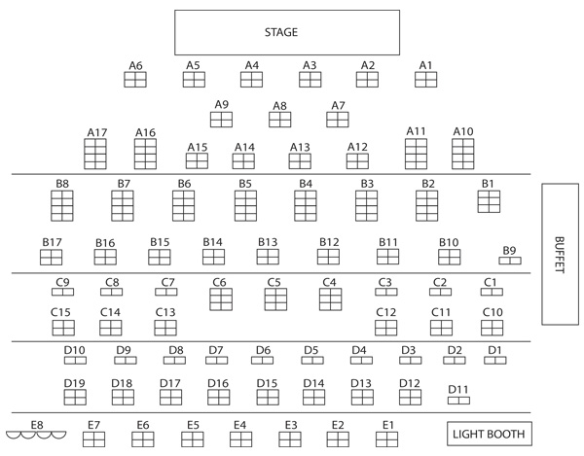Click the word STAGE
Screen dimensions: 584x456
click(x=281, y=32)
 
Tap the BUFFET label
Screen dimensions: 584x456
click(x=560, y=255)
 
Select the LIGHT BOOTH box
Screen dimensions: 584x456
click(x=490, y=434)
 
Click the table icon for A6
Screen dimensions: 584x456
click(x=135, y=80)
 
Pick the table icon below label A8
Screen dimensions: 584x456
click(x=279, y=120)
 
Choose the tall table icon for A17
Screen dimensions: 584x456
click(x=95, y=154)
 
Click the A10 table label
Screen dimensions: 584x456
click(x=463, y=131)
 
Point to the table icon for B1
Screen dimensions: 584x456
click(x=489, y=201)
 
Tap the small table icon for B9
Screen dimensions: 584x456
click(x=510, y=261)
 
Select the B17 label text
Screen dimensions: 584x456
click(x=52, y=242)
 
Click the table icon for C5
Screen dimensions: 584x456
click(x=275, y=299)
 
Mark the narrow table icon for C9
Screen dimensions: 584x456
click(x=62, y=292)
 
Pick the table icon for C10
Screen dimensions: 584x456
click(x=492, y=328)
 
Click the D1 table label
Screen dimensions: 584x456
click(x=494, y=350)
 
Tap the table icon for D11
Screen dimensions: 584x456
click(x=458, y=401)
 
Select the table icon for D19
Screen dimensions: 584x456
click(x=75, y=398)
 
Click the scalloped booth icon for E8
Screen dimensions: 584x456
click(x=36, y=436)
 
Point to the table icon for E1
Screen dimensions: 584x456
click(x=387, y=439)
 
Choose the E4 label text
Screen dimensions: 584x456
click(x=239, y=425)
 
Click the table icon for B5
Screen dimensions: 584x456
click(x=246, y=206)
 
